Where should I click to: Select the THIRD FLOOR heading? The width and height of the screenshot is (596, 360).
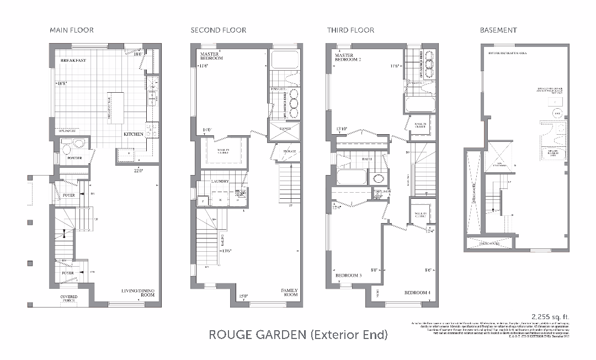point(350,30)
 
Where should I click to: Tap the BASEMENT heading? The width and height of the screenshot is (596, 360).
point(498,30)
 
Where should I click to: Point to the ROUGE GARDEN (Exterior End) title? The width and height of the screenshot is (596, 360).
point(298,335)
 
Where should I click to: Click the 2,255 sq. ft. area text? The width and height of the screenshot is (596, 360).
point(550,316)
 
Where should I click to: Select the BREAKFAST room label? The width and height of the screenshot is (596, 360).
point(73,60)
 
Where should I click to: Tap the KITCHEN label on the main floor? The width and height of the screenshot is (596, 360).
point(134,134)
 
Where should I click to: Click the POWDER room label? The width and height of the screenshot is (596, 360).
point(75,158)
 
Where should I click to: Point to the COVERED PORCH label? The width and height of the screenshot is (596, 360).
point(69,299)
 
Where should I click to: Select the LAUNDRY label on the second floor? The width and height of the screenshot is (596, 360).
point(220,180)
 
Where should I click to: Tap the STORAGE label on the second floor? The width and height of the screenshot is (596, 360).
point(289,151)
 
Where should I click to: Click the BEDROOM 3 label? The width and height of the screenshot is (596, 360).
point(349,275)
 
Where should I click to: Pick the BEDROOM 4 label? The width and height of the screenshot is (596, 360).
point(418,293)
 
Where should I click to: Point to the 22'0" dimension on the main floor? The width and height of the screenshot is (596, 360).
point(137,171)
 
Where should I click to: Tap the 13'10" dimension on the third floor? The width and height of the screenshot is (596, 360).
point(342,130)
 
